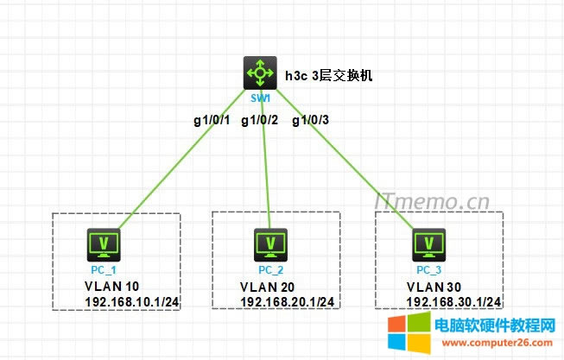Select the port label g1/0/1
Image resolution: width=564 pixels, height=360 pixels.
tap(211, 120)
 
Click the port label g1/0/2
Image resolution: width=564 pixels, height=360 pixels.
tap(259, 120)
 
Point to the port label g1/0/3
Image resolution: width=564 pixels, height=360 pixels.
tap(311, 120)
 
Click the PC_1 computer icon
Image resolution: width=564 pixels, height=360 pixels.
tap(105, 245)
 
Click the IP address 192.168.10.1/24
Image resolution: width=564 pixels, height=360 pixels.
tap(132, 301)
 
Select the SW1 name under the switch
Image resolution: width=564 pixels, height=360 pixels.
tap(258, 98)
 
